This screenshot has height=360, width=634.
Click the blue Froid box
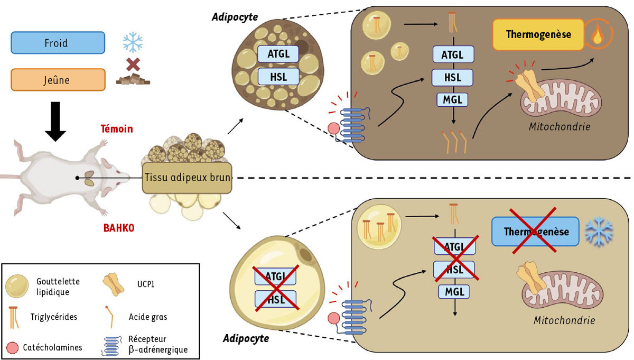click(x=56, y=42)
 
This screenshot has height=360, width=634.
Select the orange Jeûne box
click(x=56, y=80)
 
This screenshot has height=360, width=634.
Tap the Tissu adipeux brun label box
click(x=187, y=178)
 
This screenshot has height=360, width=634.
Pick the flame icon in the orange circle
click(x=598, y=35)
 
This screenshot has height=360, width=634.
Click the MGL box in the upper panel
click(x=453, y=99)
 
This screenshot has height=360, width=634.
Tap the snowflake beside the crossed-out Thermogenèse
click(x=600, y=231)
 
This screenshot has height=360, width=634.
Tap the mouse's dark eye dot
click(x=78, y=178)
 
